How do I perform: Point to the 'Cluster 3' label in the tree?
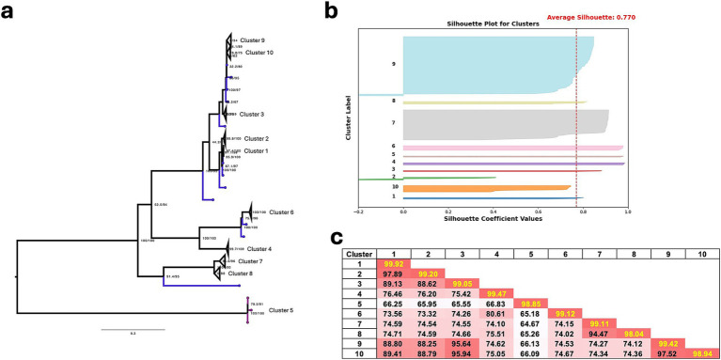point(254,114)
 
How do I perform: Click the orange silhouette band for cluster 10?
point(479,188)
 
